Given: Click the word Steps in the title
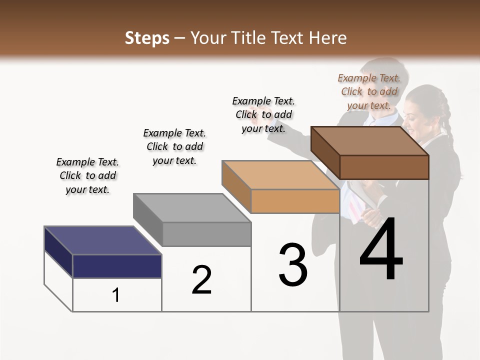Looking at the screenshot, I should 147,38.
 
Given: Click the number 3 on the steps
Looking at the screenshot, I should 293,265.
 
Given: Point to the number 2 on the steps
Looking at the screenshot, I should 201,280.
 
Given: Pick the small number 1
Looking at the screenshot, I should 116,295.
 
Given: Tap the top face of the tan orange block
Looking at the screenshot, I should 280,175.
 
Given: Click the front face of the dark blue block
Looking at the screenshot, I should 117,266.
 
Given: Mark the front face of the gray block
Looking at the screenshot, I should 206,234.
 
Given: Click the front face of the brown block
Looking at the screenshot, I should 384,167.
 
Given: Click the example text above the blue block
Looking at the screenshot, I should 87,175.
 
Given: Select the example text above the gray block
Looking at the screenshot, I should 174,146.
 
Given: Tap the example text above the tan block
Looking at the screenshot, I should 263,114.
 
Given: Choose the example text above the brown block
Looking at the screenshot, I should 369,91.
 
